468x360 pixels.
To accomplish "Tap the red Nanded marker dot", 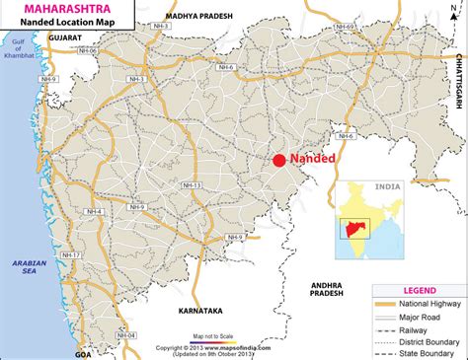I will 279,161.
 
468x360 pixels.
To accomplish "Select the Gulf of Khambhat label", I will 16,49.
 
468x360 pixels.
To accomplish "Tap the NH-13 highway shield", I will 191,185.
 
